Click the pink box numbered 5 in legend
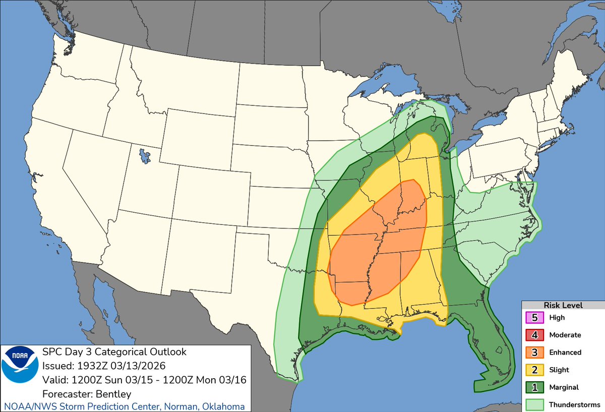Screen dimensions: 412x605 point(535,318)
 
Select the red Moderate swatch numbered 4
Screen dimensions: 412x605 point(535,335)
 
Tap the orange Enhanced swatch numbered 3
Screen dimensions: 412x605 point(535,352)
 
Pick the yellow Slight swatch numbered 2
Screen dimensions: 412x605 point(535,370)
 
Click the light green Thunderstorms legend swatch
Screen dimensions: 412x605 point(535,404)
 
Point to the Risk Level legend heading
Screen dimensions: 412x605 point(563,305)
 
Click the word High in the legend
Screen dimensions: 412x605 point(557,318)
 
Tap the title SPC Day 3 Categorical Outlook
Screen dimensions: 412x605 point(114,352)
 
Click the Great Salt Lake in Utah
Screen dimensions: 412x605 point(145,155)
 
